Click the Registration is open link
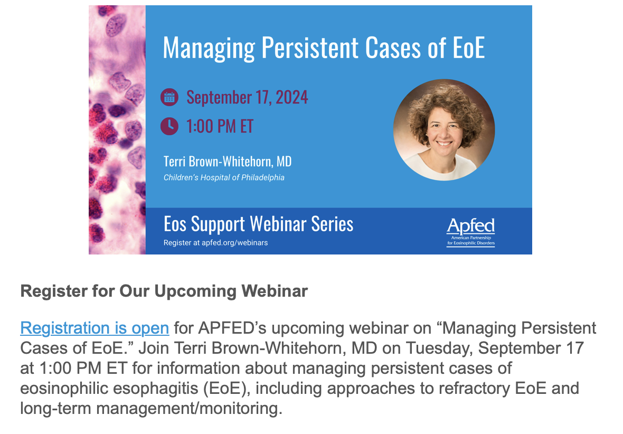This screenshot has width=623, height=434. [x=95, y=328]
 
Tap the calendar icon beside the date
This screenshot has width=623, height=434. [x=169, y=97]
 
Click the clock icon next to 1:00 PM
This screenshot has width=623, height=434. [x=169, y=126]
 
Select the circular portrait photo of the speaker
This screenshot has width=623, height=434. [x=444, y=130]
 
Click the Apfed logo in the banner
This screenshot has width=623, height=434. [x=471, y=232]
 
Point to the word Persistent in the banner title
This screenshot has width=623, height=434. [x=310, y=48]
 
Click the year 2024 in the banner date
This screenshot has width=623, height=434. [x=292, y=97]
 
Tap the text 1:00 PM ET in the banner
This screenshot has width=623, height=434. [x=220, y=126]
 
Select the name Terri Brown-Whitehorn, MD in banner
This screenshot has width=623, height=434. [x=228, y=162]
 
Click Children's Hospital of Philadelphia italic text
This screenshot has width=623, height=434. [x=224, y=177]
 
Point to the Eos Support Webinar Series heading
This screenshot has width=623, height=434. [x=258, y=224]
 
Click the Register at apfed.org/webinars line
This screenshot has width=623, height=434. [x=216, y=242]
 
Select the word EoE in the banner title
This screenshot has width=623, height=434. [x=469, y=48]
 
